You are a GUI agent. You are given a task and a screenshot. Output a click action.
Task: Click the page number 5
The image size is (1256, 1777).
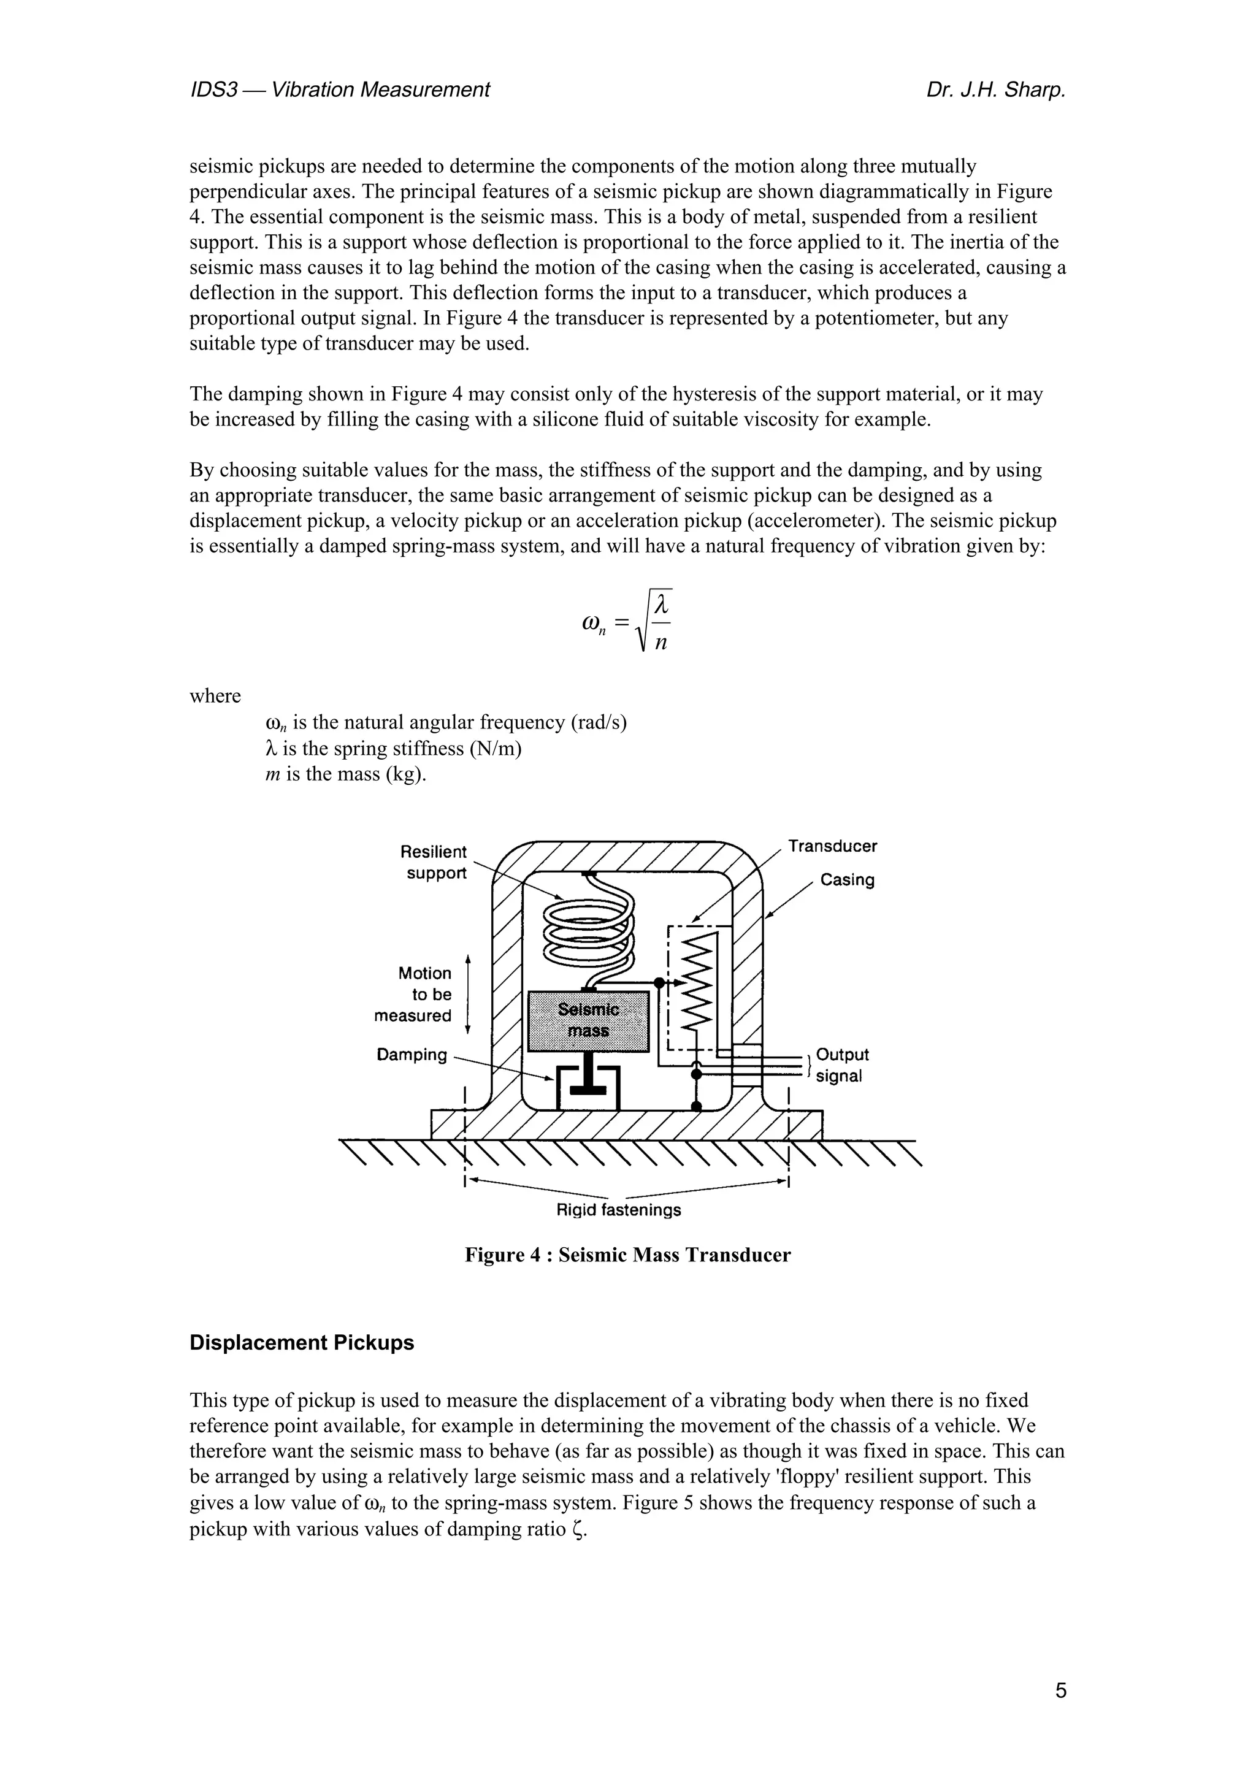(x=1060, y=1691)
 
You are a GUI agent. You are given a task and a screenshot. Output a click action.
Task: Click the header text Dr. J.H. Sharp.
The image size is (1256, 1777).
(x=995, y=91)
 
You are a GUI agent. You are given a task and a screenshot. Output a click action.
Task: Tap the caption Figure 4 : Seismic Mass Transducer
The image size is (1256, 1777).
(x=627, y=1255)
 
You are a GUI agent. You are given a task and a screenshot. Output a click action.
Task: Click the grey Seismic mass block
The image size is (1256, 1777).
(x=588, y=1021)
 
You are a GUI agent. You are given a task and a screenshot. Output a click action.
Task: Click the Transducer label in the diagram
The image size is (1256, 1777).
(x=833, y=846)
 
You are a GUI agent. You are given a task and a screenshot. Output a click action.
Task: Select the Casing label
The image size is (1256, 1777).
(x=848, y=880)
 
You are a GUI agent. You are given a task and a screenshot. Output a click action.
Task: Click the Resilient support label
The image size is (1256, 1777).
(x=435, y=862)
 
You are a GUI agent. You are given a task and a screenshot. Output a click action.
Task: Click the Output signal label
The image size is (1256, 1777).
(x=842, y=1065)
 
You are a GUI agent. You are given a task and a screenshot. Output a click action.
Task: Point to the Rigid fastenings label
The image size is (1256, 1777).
(x=618, y=1210)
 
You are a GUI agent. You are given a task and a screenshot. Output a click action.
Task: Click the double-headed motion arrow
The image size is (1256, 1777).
(x=467, y=995)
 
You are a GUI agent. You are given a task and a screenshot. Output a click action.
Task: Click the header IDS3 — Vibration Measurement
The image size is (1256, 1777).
(x=340, y=91)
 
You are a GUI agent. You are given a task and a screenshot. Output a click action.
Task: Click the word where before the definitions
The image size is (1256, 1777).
(x=215, y=696)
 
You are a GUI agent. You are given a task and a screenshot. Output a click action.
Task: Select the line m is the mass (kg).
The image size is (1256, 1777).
(x=346, y=774)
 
